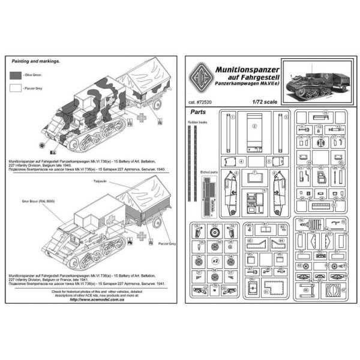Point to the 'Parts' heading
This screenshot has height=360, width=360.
click(x=197, y=112)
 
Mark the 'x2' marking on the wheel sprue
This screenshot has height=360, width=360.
click(x=215, y=262)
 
